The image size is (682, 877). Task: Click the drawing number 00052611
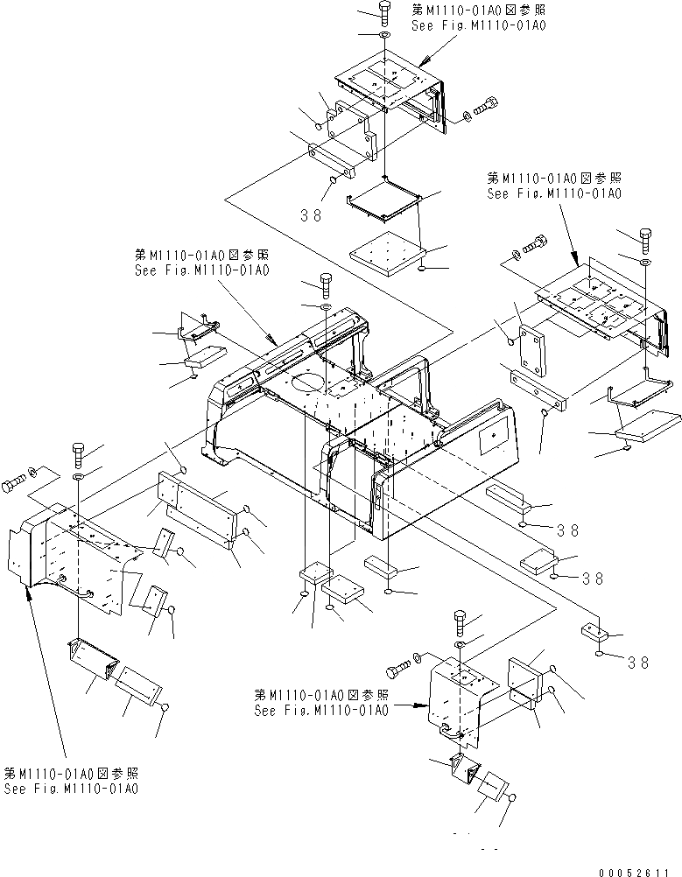coord(638,871)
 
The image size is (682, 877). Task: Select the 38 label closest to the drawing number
coord(638,663)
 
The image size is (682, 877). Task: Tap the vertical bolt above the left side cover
coord(78,453)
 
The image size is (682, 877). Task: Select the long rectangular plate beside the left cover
coord(198,507)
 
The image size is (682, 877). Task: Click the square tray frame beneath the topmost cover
coord(384,201)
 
